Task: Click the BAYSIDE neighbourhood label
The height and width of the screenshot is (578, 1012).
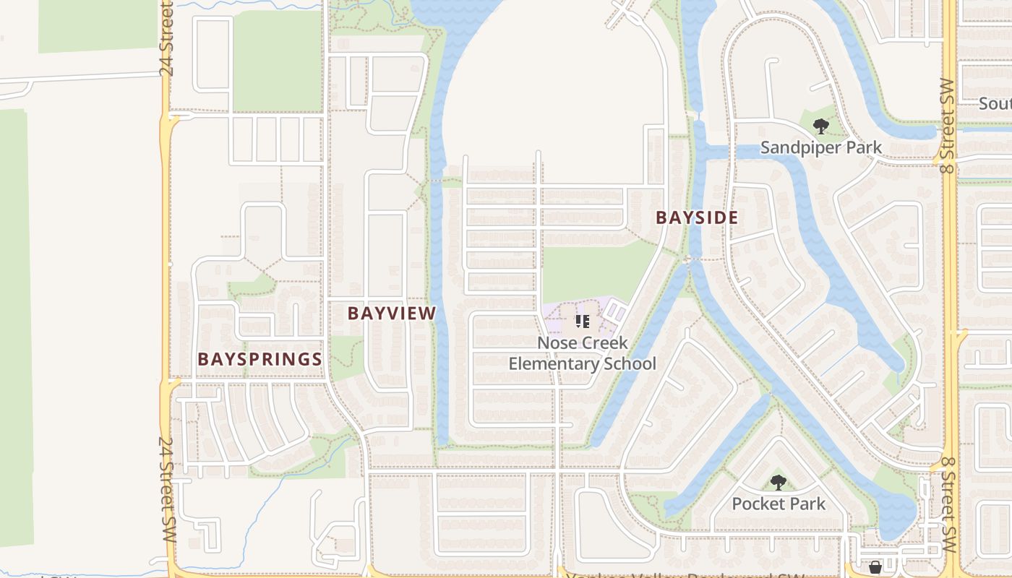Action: (697, 217)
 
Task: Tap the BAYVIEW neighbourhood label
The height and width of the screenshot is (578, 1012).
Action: (392, 313)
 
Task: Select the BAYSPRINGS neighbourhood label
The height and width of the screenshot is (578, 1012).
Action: (260, 359)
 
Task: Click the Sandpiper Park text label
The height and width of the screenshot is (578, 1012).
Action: (821, 148)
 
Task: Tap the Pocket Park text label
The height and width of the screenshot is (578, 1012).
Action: (779, 504)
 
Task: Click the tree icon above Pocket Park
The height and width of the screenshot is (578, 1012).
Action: (778, 482)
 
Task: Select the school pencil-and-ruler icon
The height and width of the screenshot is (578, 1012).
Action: (582, 321)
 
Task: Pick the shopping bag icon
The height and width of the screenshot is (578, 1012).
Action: (875, 567)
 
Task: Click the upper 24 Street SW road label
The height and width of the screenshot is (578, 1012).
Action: (167, 40)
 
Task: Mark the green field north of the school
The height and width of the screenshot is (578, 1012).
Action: (589, 271)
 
